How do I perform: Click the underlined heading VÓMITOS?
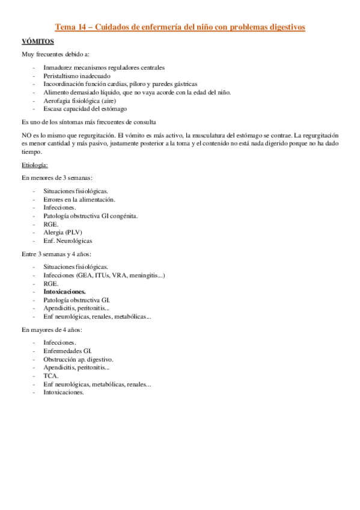38,41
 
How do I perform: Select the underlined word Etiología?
35,164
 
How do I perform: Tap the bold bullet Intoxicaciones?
64,291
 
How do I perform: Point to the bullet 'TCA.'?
50,375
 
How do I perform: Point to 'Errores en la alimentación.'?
79,199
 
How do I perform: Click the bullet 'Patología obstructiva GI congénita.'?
90,215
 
